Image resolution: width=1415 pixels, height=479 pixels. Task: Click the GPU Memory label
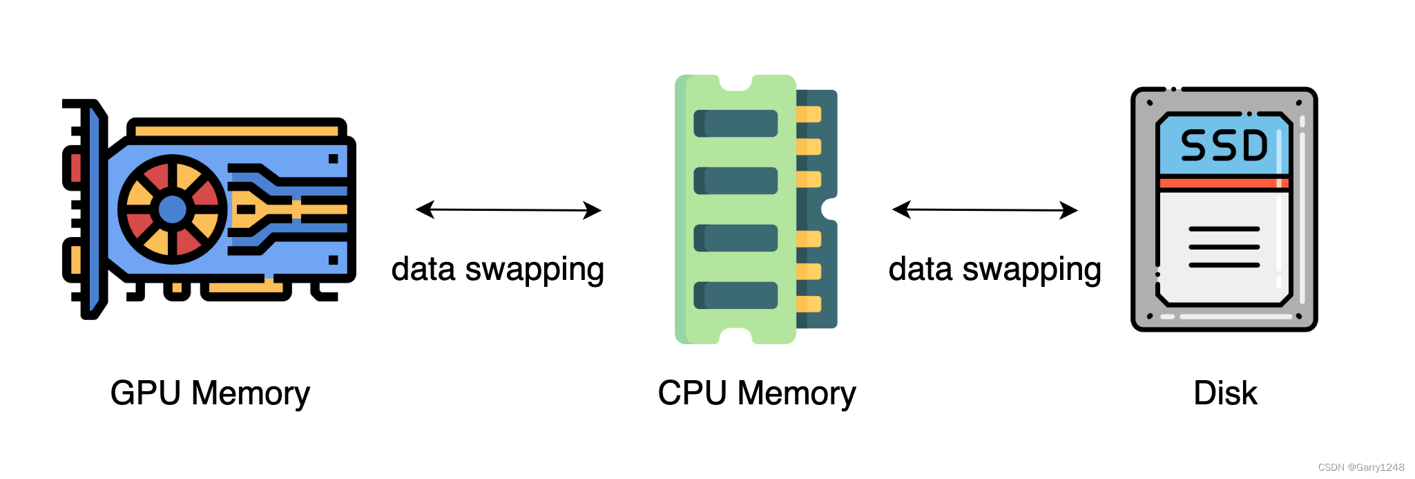click(x=210, y=393)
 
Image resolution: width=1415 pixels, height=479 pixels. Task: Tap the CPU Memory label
click(x=756, y=393)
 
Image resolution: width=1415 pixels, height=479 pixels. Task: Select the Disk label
click(x=1225, y=393)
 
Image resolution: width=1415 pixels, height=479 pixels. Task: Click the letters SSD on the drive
click(x=1224, y=146)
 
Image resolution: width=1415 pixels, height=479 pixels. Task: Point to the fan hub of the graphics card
click(x=172, y=209)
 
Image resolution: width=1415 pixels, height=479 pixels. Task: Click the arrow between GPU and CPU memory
click(x=508, y=209)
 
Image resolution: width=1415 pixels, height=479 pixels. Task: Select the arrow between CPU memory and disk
click(x=985, y=209)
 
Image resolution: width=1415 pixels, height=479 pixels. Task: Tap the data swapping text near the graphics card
click(x=497, y=270)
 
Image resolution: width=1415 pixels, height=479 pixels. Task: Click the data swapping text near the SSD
click(x=994, y=270)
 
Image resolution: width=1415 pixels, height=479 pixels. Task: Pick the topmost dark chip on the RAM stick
click(x=735, y=124)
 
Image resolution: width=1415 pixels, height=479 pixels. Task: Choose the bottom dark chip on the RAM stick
click(x=735, y=295)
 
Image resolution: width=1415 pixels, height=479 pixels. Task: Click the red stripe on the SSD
click(x=1224, y=183)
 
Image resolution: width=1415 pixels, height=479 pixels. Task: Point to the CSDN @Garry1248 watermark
click(x=1360, y=468)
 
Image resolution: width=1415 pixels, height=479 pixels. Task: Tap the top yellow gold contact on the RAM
click(x=809, y=114)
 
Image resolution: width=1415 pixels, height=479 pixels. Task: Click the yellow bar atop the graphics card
click(x=236, y=130)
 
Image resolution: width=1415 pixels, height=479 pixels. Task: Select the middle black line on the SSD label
click(x=1224, y=247)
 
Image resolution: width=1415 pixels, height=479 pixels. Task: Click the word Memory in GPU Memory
click(x=250, y=393)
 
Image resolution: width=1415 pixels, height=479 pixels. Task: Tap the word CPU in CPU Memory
click(x=692, y=393)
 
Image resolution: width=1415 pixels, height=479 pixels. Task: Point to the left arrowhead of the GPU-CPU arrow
click(x=424, y=209)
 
